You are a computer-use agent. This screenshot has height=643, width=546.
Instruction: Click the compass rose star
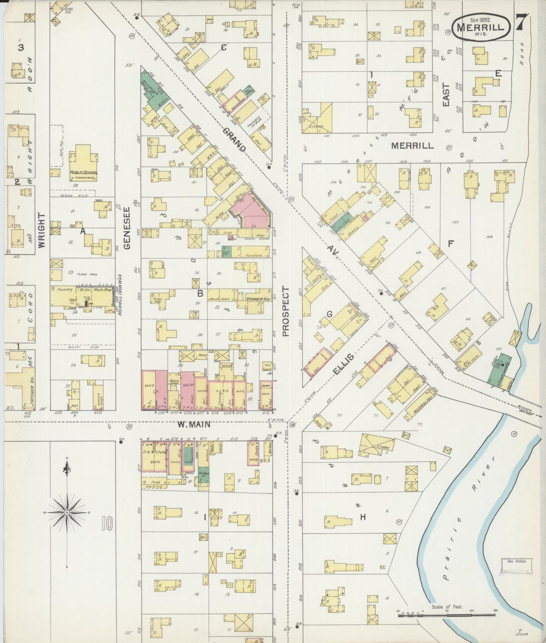(67, 512)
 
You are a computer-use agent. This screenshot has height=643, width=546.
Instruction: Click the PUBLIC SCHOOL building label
(84, 173)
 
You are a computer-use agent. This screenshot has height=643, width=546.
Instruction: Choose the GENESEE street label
(127, 228)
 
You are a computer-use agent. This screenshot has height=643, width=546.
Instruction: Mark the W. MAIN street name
(194, 425)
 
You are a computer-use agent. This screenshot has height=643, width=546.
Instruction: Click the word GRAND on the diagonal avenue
(234, 140)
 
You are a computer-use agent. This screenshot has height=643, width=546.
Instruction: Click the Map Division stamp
(516, 561)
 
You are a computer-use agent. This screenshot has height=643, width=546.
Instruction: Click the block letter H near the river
(363, 517)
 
